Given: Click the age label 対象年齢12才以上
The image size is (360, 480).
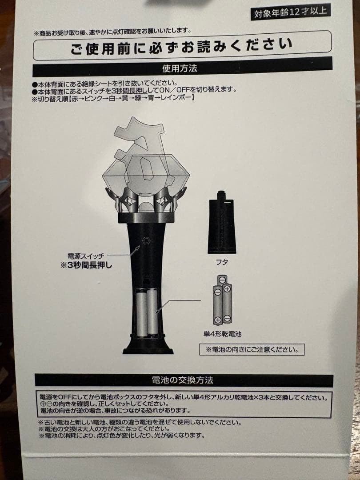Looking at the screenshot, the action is point(291,12).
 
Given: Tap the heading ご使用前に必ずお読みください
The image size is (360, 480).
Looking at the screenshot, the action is point(181,46).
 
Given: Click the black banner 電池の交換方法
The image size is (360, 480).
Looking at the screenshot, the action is point(184,380).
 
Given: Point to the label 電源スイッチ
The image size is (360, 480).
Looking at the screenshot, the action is point(86,256).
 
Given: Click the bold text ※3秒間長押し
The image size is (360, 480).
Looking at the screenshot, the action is point(86,265).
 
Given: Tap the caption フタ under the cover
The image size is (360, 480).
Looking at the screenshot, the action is point(221,262).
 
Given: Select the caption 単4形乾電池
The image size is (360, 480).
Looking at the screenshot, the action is point(223,334).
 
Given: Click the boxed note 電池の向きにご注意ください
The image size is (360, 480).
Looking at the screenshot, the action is point(252,350).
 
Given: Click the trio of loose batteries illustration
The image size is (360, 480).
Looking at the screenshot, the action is point(222,300).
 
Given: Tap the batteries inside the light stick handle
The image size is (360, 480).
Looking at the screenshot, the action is point(147,313).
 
